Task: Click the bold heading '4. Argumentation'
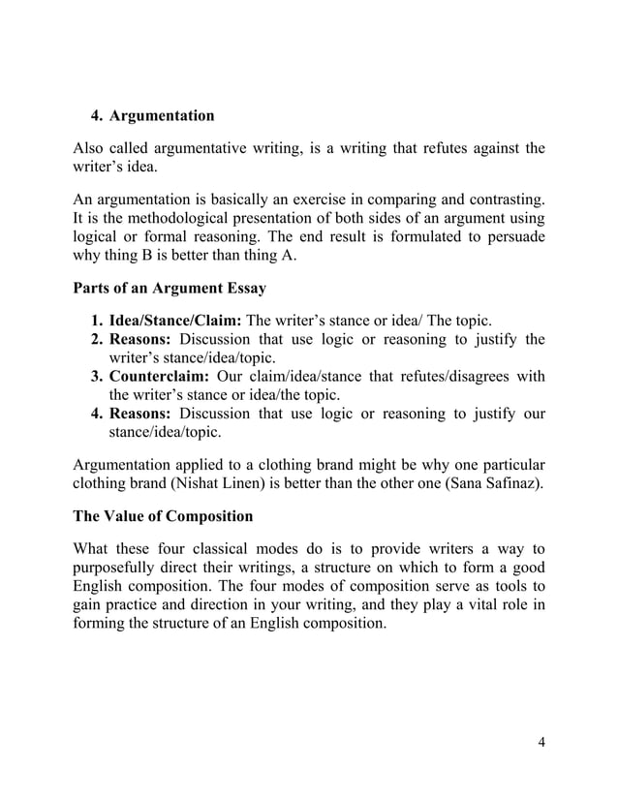point(152,116)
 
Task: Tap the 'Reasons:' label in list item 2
point(141,340)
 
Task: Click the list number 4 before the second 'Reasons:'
point(97,414)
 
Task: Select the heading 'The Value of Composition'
point(166,515)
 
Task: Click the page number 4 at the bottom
point(541,743)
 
